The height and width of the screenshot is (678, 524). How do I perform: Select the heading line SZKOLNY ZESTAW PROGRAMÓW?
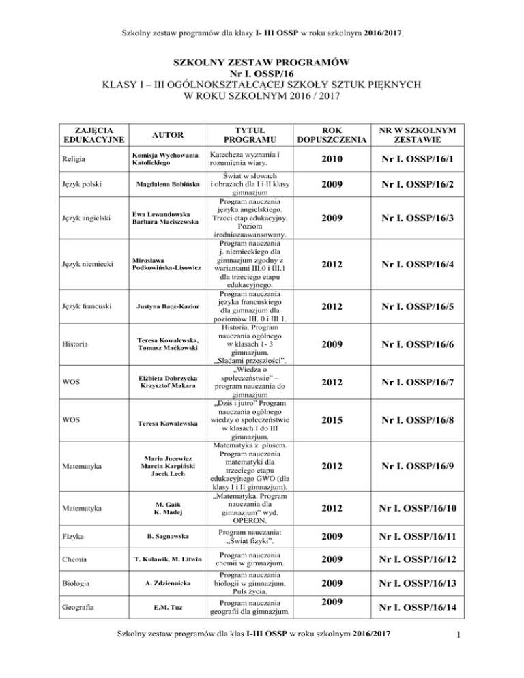coord(262,63)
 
